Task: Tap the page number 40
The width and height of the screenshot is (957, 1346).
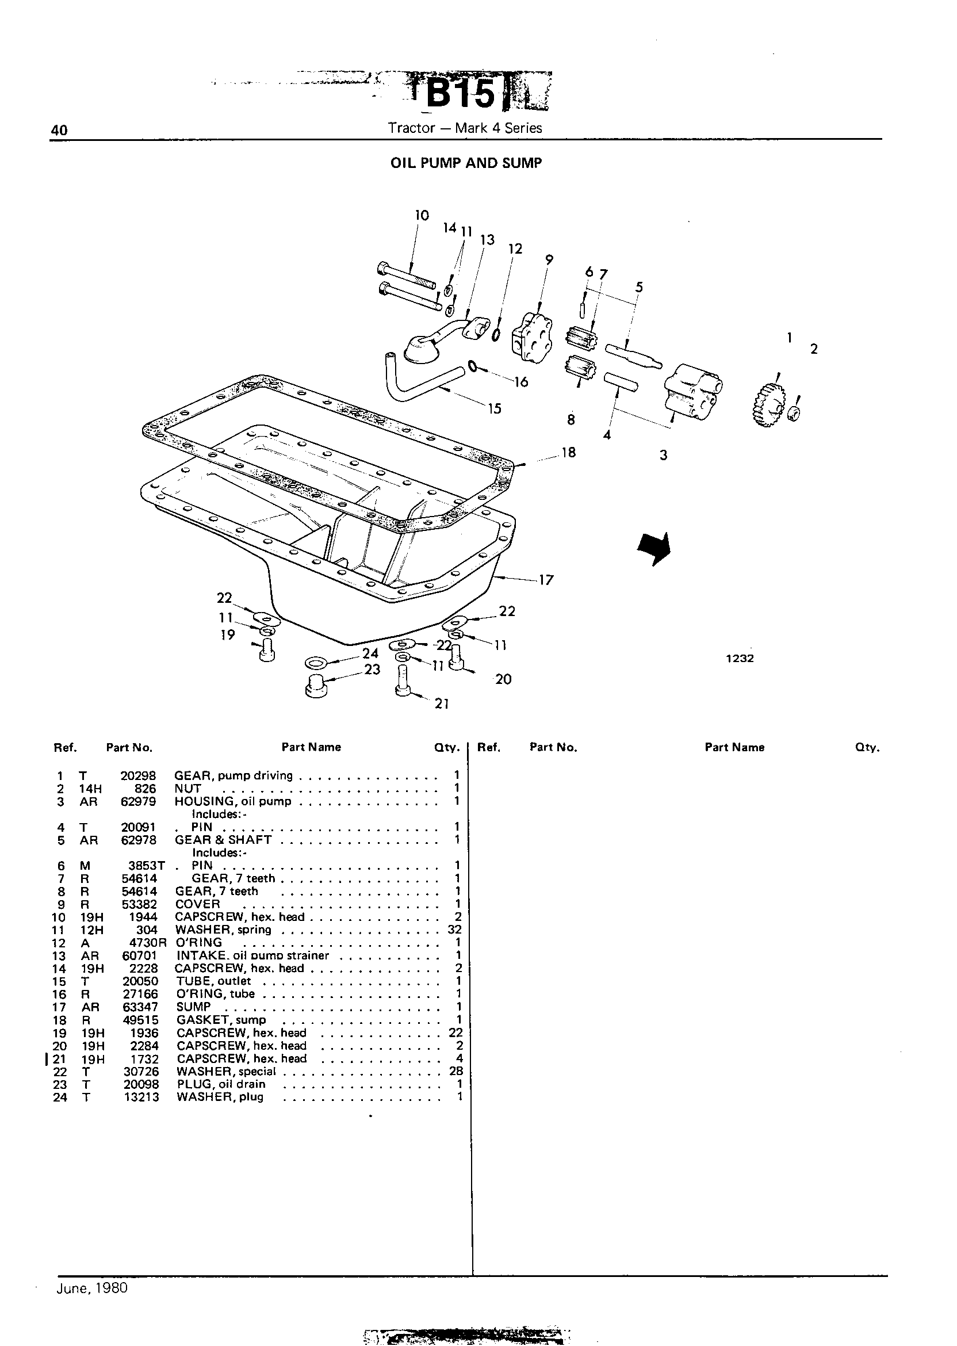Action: pyautogui.click(x=59, y=130)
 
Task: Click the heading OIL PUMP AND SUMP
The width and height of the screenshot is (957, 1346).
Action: pyautogui.click(x=466, y=163)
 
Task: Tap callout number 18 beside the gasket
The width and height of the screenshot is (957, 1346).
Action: pyautogui.click(x=569, y=453)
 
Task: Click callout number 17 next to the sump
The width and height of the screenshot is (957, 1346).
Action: pyautogui.click(x=546, y=580)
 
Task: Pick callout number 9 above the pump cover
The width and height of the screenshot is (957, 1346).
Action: pyautogui.click(x=549, y=259)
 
